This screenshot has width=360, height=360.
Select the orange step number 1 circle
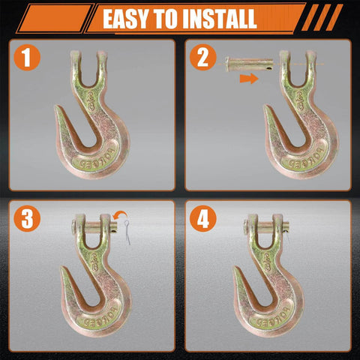(x=28, y=58)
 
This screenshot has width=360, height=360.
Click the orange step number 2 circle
(x=201, y=58)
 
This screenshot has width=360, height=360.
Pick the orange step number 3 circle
(x=28, y=220)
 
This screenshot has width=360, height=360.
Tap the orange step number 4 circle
(x=201, y=220)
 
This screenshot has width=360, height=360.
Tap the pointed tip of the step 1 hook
(x=58, y=110)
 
